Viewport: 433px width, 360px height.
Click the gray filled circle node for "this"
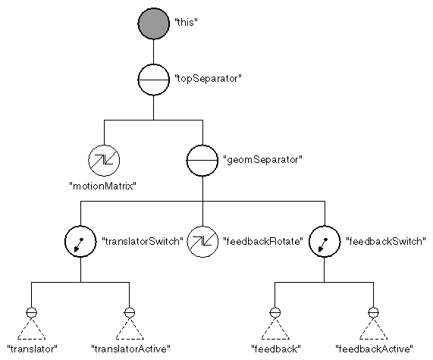coord(154,23)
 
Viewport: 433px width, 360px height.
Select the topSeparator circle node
coord(154,79)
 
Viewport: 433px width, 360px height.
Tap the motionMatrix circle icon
coord(104,160)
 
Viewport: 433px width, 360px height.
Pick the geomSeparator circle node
coord(202,160)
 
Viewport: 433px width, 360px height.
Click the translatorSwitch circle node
coord(80,242)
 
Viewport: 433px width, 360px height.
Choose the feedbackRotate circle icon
coord(202,242)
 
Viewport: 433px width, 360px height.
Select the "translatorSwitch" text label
coord(143,242)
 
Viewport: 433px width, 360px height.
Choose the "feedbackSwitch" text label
coord(385,242)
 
